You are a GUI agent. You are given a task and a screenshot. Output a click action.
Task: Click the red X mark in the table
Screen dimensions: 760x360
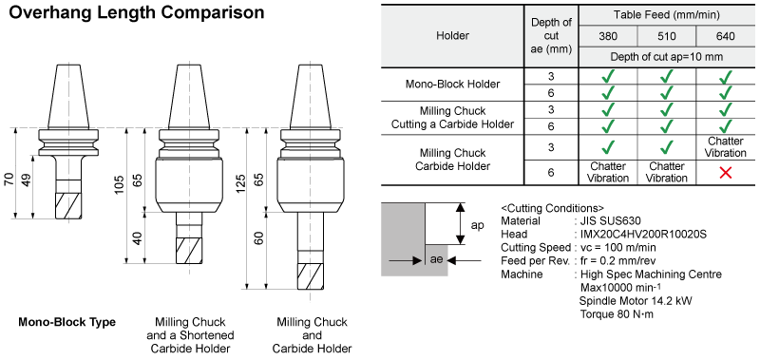tap(725, 173)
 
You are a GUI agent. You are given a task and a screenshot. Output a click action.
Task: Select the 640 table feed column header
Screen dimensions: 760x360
tap(725, 36)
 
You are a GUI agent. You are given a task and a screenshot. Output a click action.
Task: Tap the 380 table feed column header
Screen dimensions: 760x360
tap(608, 36)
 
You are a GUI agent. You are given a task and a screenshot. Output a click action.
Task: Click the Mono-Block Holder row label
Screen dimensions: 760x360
tap(452, 85)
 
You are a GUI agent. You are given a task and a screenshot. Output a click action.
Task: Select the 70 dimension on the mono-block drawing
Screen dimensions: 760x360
tap(9, 180)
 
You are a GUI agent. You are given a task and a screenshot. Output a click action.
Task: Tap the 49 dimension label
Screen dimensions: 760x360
tap(27, 180)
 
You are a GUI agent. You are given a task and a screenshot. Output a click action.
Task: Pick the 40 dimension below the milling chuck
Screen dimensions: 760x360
tap(138, 238)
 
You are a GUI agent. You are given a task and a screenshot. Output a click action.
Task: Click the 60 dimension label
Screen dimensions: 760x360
tap(258, 238)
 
